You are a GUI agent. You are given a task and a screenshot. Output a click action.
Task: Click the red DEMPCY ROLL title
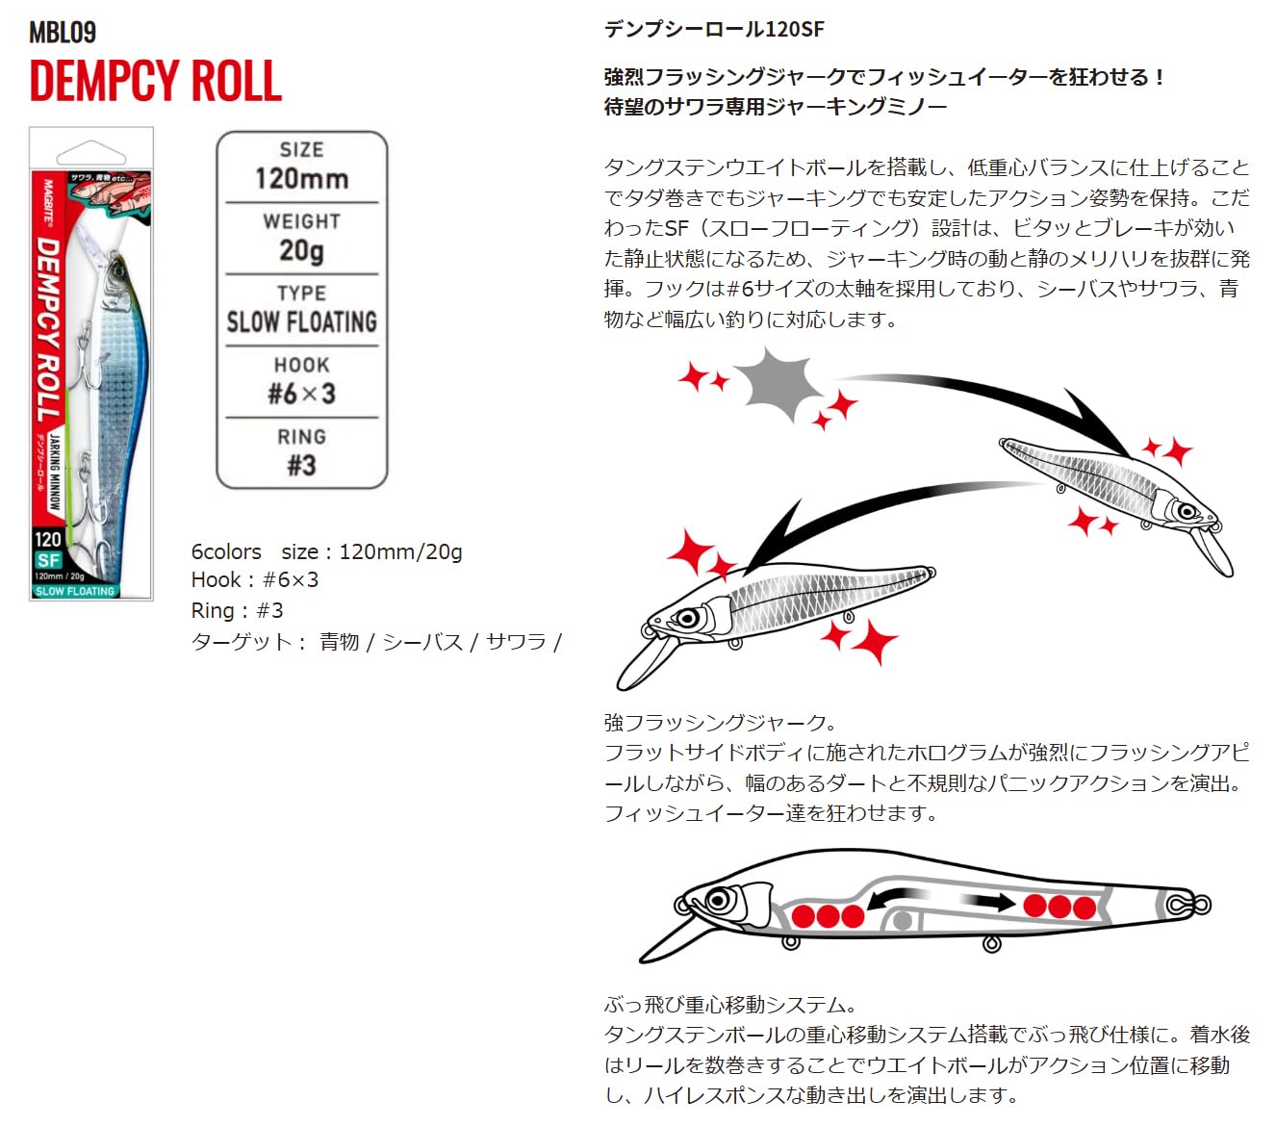155,81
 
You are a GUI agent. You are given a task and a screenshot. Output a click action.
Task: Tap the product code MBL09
63,32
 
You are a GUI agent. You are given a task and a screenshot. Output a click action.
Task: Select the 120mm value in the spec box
301,178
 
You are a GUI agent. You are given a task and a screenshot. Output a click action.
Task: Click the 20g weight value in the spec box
301,250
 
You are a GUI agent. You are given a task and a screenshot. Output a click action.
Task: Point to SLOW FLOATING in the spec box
301,321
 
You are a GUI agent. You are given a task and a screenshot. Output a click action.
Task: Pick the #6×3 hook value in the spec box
301,394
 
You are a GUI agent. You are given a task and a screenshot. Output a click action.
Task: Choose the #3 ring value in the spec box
301,466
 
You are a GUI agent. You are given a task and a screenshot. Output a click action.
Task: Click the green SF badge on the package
48,560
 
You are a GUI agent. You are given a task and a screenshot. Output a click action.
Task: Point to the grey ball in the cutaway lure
902,921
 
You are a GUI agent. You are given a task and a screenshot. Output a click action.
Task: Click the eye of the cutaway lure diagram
718,901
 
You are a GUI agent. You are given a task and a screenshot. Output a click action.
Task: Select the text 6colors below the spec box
226,551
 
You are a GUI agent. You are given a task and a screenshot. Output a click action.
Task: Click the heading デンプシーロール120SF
714,29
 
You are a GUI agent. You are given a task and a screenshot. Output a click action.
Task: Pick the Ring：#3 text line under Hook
238,610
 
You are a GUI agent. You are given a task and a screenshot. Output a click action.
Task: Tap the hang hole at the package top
91,153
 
